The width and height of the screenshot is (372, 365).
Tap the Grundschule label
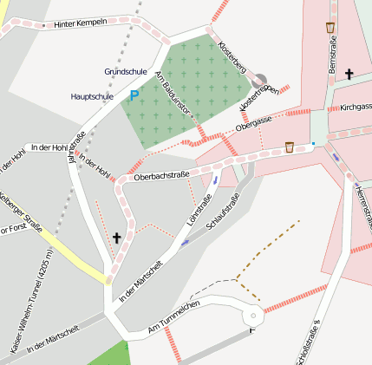pos(126,71)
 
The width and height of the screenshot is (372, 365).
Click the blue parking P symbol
pos(134,95)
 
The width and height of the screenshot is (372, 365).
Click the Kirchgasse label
pos(356,108)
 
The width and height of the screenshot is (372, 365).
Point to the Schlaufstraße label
pos(222,212)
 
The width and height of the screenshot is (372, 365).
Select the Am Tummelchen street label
pos(174,318)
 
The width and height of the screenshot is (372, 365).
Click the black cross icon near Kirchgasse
pos(349,75)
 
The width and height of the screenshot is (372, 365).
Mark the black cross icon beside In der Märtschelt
pos(117,237)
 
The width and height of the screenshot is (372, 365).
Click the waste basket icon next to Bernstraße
pos(330,28)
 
